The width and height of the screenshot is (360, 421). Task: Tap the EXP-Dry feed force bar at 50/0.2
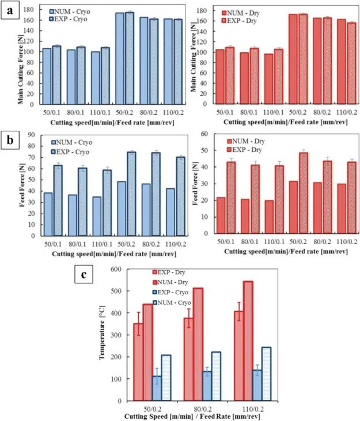point(303,192)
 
